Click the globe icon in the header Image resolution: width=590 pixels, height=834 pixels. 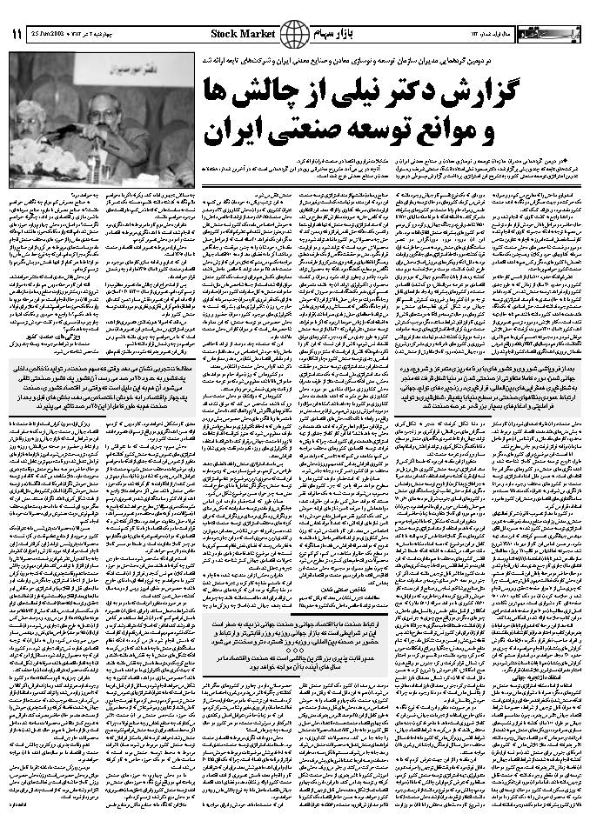(297, 34)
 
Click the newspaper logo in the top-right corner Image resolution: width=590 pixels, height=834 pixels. (547, 33)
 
